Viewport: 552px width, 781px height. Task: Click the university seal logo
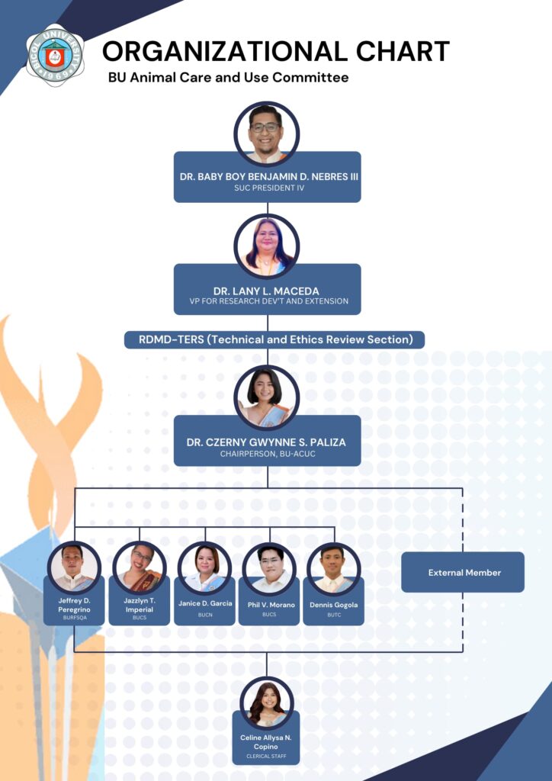[54, 55]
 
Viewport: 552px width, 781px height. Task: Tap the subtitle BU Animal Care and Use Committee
[228, 77]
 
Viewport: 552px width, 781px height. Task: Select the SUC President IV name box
[267, 182]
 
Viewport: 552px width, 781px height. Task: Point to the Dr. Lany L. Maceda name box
[267, 295]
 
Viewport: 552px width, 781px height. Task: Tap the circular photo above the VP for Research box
[267, 246]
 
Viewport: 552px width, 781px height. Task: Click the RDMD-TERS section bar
[274, 339]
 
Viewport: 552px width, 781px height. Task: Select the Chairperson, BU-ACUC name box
[267, 446]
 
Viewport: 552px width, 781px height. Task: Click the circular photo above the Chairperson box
[267, 397]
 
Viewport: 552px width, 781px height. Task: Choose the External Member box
[463, 572]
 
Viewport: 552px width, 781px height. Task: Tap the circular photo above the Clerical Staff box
[266, 702]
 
